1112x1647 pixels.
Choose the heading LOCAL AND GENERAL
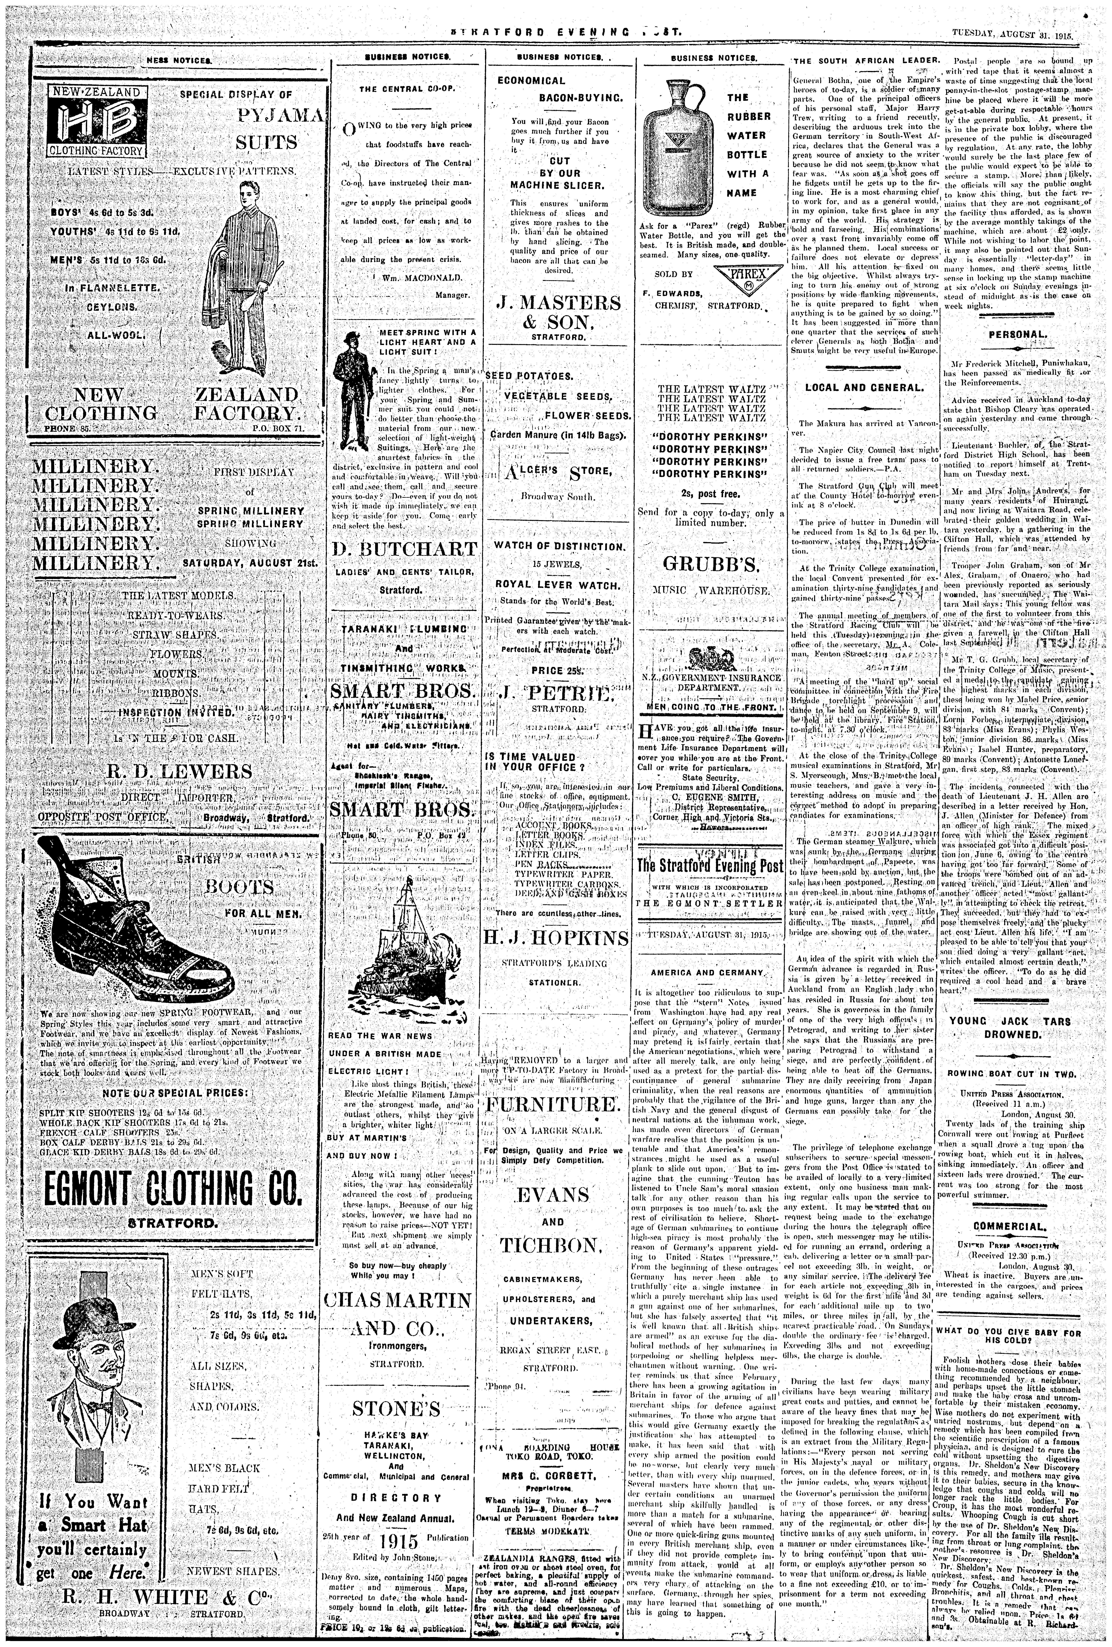(864, 388)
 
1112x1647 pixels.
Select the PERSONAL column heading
(1017, 335)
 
